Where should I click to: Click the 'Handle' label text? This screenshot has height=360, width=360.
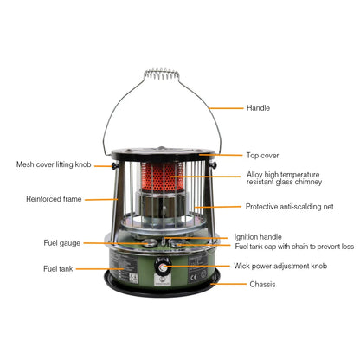(259, 108)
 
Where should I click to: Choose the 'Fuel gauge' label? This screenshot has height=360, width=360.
(62, 243)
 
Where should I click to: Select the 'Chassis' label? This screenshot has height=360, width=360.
(263, 284)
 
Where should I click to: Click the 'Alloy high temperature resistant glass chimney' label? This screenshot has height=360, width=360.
(284, 178)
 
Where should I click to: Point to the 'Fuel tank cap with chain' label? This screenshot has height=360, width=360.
(293, 247)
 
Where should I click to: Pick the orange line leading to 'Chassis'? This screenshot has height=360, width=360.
(228, 284)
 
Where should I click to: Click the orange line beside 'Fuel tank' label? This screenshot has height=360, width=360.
(99, 269)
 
